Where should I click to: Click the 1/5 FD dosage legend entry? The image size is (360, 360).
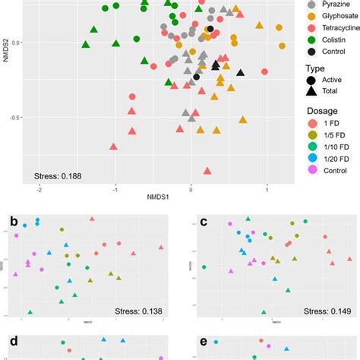coord(311,159)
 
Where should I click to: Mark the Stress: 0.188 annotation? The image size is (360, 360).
coord(58,177)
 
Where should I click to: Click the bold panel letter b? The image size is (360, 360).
coord(14,223)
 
